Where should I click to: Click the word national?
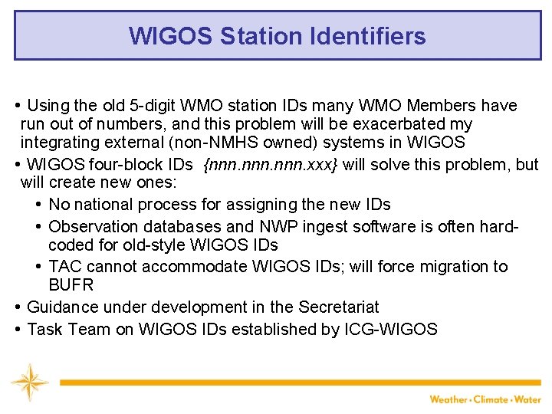104,205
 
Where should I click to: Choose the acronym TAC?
64,267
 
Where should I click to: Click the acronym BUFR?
71,285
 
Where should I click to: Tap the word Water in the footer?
528,399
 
